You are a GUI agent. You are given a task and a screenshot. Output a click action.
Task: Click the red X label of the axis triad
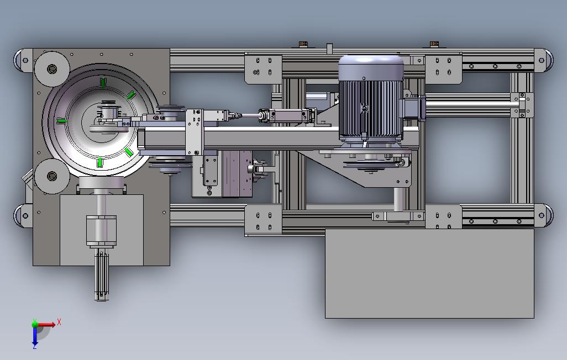click(x=59, y=322)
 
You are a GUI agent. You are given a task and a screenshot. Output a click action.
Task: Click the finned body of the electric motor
click(x=371, y=108)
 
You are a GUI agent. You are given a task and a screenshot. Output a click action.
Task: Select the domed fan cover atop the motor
click(x=371, y=67)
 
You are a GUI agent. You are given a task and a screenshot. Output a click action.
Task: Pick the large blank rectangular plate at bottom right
click(x=429, y=273)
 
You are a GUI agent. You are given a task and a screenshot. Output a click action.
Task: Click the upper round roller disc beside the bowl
click(x=52, y=68)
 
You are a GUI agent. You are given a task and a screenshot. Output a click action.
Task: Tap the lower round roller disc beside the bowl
click(x=52, y=176)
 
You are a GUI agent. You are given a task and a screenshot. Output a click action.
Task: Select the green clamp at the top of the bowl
click(x=103, y=82)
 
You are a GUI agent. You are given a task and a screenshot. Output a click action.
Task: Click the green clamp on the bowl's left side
click(x=62, y=121)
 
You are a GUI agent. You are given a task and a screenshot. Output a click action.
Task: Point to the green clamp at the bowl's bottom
click(x=100, y=162)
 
